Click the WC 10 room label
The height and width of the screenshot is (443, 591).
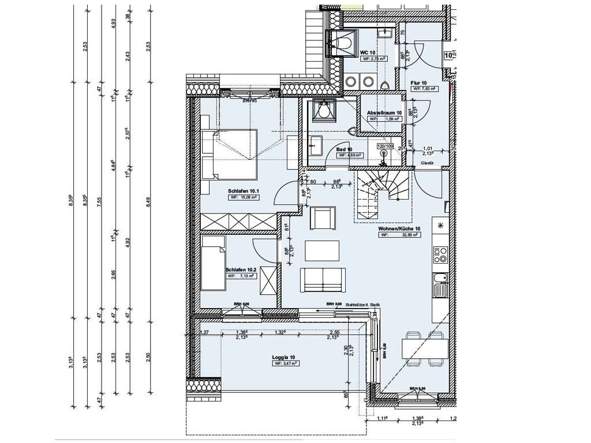click(x=368, y=52)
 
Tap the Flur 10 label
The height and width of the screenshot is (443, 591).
click(x=418, y=82)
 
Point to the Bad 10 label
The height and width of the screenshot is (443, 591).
click(x=345, y=149)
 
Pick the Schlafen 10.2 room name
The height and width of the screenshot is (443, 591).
click(x=241, y=269)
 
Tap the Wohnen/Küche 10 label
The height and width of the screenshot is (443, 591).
click(x=399, y=228)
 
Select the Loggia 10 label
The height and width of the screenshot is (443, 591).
click(x=284, y=357)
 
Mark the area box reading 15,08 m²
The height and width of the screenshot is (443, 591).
click(x=243, y=197)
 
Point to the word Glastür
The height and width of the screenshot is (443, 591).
click(x=427, y=164)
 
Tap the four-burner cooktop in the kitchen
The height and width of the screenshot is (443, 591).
click(x=440, y=254)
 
